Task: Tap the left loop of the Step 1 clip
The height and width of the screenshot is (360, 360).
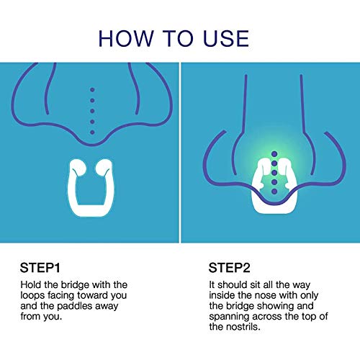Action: click(80, 170)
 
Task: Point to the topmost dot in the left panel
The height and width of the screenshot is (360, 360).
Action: click(91, 90)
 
